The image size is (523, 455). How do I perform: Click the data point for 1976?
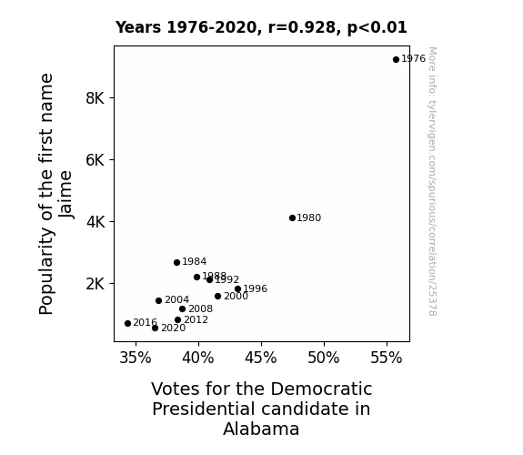click(x=396, y=60)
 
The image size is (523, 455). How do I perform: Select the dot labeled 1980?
click(x=293, y=218)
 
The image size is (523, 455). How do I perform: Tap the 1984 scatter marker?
click(x=176, y=263)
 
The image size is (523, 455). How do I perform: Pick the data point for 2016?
click(x=127, y=323)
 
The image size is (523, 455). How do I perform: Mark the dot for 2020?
click(x=156, y=329)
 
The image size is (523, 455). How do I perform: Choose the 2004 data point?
click(x=159, y=301)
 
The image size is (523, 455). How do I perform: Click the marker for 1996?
click(x=237, y=289)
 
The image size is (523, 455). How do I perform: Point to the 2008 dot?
click(x=183, y=309)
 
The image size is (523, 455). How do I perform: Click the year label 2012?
click(x=196, y=319)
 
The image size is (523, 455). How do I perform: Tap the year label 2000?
click(x=236, y=296)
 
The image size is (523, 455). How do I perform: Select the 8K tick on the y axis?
click(x=96, y=98)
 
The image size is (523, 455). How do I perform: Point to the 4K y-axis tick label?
click(x=96, y=222)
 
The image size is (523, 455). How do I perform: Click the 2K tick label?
click(x=96, y=284)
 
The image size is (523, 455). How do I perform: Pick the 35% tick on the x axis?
click(x=136, y=358)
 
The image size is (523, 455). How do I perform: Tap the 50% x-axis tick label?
click(x=324, y=358)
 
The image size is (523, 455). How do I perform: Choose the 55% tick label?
click(x=387, y=358)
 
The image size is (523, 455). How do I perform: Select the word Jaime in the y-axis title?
click(x=65, y=194)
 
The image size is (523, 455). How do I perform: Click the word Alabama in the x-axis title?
click(x=261, y=429)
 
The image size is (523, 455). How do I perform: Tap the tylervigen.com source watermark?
click(x=432, y=181)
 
